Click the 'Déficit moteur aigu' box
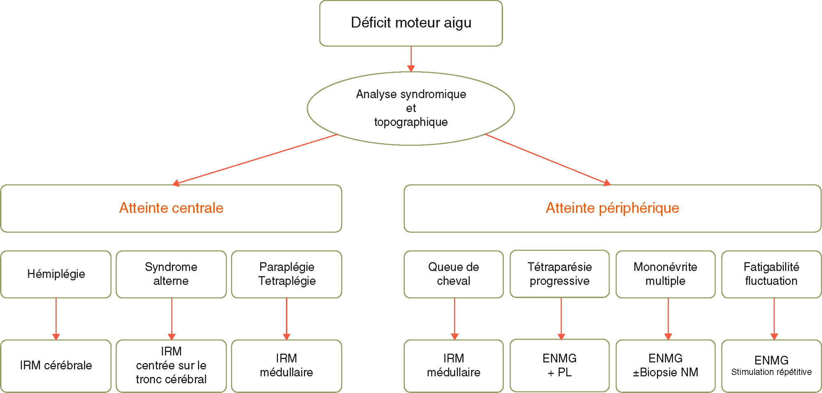(411, 23)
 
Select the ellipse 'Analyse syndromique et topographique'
(411, 108)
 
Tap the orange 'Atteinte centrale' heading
(171, 208)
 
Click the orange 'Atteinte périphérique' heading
(612, 208)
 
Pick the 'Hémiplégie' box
(56, 274)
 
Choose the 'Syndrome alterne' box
(171, 274)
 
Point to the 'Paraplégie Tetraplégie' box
(286, 274)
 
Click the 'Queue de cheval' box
(453, 274)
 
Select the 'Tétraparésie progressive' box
(559, 274)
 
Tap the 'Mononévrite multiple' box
(665, 274)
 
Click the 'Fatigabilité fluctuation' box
(771, 274)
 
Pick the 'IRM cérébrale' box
(56, 365)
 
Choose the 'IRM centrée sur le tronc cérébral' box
(171, 365)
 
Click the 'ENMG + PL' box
(559, 365)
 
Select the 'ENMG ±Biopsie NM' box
(665, 365)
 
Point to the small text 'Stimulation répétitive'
(771, 372)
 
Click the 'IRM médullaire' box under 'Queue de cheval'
(453, 365)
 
